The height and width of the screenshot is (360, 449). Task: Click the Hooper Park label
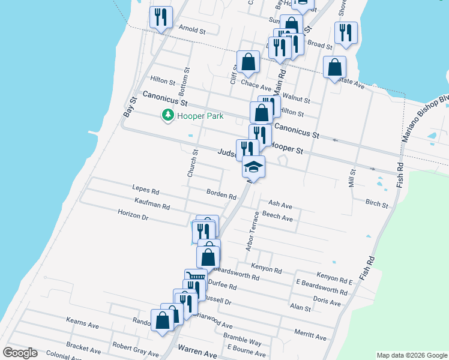tap(199, 115)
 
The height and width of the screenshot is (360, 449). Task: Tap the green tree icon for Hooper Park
tap(168, 115)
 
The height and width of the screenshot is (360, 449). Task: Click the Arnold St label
tap(192, 29)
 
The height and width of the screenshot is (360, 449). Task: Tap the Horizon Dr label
tap(133, 214)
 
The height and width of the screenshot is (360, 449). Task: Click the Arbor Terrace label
tap(252, 230)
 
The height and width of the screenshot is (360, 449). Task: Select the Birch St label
tap(376, 204)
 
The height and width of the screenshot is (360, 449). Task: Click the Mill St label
tap(352, 178)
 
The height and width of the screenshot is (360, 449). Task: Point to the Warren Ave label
tap(197, 354)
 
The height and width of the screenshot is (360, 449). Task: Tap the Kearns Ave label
tap(83, 323)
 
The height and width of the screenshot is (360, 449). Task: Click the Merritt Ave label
tap(310, 334)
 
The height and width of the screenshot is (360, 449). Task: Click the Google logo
tap(20, 353)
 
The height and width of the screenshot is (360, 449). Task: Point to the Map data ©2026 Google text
tap(412, 355)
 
